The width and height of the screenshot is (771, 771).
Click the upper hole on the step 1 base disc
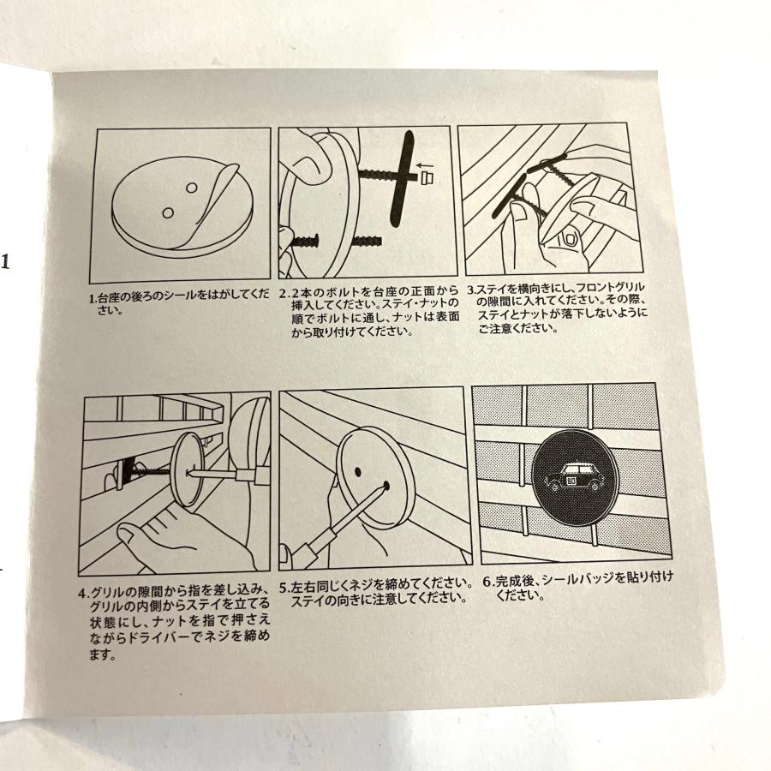tap(192, 187)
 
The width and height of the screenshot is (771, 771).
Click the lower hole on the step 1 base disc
tap(169, 211)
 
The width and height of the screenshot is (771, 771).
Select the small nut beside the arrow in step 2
tap(426, 177)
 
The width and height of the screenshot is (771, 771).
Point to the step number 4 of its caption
tap(82, 592)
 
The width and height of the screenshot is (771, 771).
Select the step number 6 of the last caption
tap(486, 581)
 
